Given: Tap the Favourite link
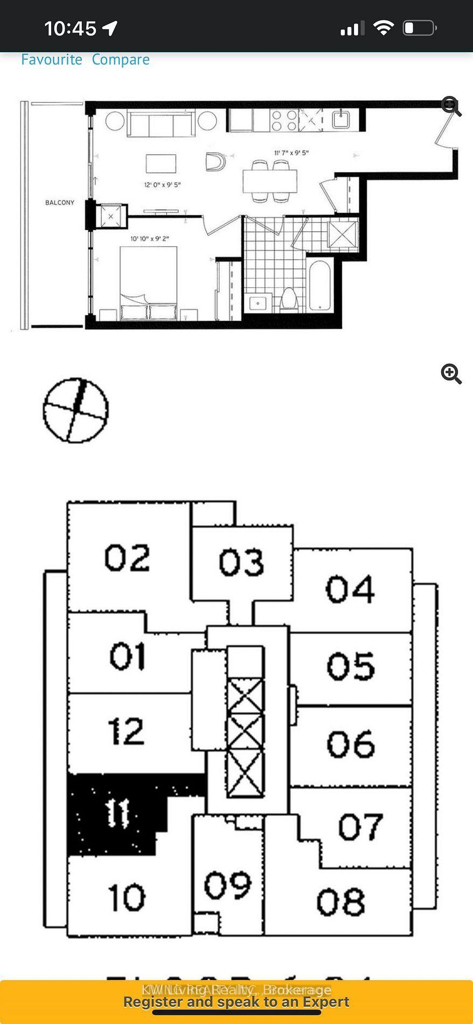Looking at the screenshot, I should (x=51, y=59).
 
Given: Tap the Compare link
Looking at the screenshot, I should (x=121, y=59).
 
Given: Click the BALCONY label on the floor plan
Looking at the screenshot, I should (x=59, y=203).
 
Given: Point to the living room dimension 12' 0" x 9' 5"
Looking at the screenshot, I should (x=162, y=185).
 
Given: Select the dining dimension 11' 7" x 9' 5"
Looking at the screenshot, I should (x=291, y=153).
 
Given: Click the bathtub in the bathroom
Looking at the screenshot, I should (x=319, y=286).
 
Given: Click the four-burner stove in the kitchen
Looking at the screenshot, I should (x=284, y=120).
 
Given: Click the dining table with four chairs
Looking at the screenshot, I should (x=269, y=181).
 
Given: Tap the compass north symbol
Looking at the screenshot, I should (x=75, y=410).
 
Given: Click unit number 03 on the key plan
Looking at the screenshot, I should (x=241, y=563).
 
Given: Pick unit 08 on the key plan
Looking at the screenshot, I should (x=340, y=902).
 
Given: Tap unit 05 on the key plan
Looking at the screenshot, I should (x=351, y=666).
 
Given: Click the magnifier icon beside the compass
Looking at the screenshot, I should (x=451, y=373).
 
